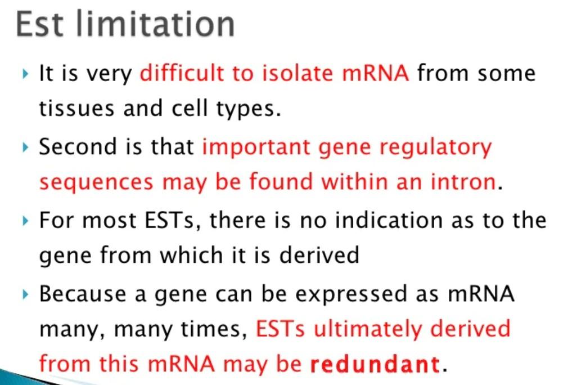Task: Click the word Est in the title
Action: (x=39, y=24)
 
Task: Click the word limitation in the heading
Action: (x=155, y=24)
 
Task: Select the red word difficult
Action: (x=182, y=74)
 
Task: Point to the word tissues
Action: (x=76, y=109)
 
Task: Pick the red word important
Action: (x=256, y=147)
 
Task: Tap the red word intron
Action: (x=463, y=182)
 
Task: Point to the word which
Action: (x=192, y=254)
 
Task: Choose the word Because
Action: (x=83, y=293)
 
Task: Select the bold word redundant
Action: (x=375, y=365)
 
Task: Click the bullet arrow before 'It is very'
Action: (x=25, y=74)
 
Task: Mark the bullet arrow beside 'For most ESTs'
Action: (x=25, y=221)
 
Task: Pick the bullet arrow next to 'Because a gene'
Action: (x=25, y=294)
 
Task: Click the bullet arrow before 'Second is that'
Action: (x=25, y=147)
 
